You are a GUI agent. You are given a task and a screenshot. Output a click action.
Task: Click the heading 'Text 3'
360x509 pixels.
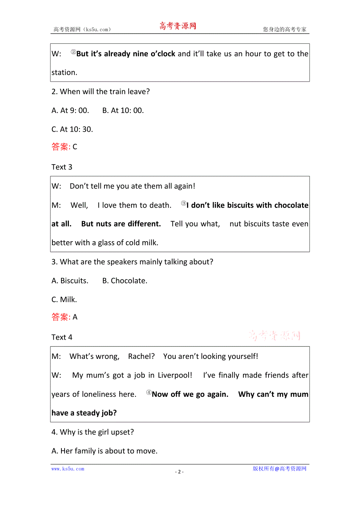click(x=62, y=167)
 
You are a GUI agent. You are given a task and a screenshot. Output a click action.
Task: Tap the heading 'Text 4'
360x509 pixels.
click(x=62, y=337)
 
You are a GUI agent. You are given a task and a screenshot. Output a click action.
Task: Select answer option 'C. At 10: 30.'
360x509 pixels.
click(x=72, y=129)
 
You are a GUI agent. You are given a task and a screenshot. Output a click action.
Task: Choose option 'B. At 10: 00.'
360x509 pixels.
click(x=123, y=110)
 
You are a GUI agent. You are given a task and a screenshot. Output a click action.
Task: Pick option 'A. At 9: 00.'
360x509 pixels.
click(x=70, y=110)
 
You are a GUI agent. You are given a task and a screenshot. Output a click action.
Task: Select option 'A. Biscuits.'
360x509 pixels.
click(x=70, y=280)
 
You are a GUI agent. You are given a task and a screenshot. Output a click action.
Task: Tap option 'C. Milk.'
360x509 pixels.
click(x=64, y=299)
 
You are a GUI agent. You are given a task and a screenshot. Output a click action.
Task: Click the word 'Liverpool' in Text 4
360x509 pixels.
click(x=175, y=375)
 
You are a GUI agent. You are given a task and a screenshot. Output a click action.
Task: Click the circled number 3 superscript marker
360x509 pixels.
click(x=184, y=203)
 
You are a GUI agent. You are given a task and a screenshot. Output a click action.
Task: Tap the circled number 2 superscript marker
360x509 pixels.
click(x=73, y=52)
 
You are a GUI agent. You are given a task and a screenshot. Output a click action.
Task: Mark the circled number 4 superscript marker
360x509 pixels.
click(x=149, y=393)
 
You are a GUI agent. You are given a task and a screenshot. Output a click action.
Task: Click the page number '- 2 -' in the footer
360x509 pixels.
click(x=179, y=471)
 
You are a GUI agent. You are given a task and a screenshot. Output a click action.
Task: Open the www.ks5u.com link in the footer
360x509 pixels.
click(x=68, y=469)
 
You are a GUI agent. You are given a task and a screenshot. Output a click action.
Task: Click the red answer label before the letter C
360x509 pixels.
click(x=61, y=147)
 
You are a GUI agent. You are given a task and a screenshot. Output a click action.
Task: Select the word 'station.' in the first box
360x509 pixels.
click(x=65, y=72)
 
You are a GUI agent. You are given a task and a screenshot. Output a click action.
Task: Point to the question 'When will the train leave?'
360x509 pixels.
click(x=101, y=91)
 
